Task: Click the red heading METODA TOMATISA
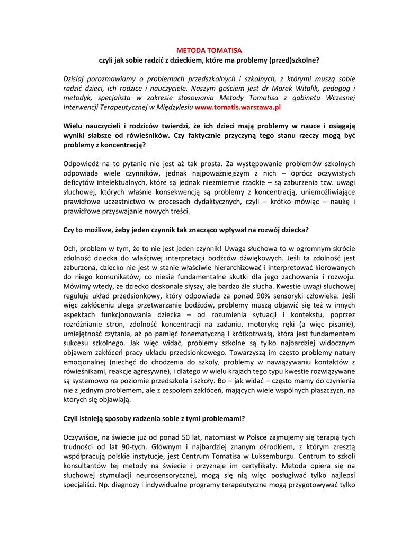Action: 209,50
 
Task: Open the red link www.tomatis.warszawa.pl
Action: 237,107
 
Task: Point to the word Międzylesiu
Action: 174,107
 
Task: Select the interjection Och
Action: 70,248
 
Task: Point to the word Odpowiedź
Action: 82,164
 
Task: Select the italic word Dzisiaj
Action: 76,78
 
